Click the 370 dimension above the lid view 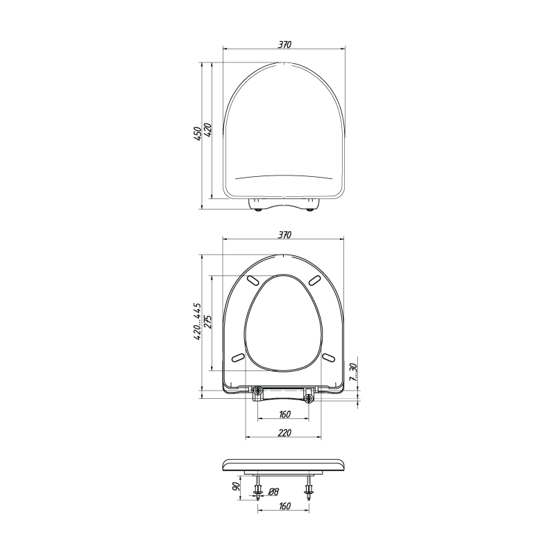[x=284, y=44]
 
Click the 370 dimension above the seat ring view [x=284, y=234]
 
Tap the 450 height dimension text [x=197, y=133]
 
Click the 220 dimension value [x=284, y=432]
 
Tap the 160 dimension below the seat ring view [x=284, y=414]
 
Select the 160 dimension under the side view [x=284, y=506]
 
